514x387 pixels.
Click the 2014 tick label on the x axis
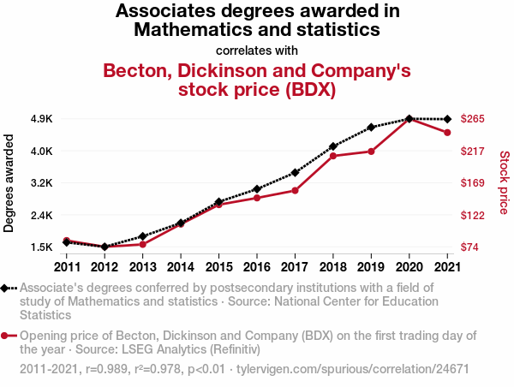181,267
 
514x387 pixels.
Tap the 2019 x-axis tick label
370,267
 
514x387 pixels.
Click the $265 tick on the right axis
473,119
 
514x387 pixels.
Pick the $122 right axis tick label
473,215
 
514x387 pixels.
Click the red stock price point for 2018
332,156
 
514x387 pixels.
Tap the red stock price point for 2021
446,133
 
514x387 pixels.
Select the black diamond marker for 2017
295,172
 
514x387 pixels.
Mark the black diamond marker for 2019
370,128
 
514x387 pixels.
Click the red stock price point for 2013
143,244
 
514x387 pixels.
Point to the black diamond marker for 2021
446,119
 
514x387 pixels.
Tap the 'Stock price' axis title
504,182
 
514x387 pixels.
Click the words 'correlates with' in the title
257,50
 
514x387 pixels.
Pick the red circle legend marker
7,336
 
